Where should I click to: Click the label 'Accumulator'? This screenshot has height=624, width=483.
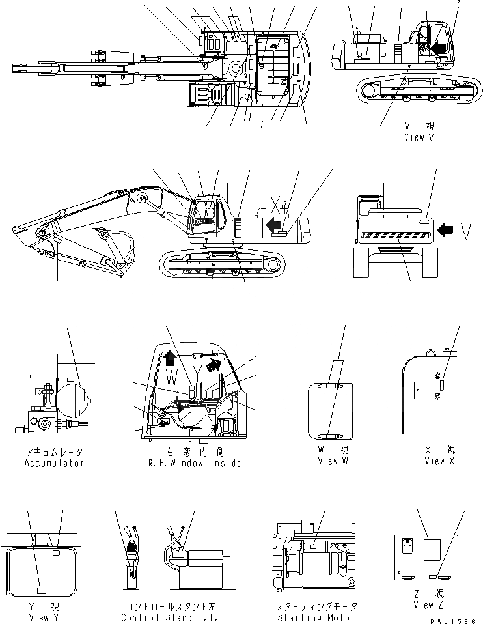click(x=54, y=463)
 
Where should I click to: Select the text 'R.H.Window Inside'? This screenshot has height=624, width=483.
click(x=195, y=463)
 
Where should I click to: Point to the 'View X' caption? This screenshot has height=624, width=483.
click(x=439, y=461)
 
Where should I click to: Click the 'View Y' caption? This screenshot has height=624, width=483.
click(x=39, y=617)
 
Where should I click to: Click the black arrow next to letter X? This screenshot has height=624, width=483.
click(x=275, y=225)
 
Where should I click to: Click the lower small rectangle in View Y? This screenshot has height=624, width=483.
click(x=41, y=590)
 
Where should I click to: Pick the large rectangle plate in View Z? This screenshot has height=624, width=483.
click(x=435, y=549)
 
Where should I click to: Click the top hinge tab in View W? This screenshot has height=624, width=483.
click(x=330, y=387)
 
